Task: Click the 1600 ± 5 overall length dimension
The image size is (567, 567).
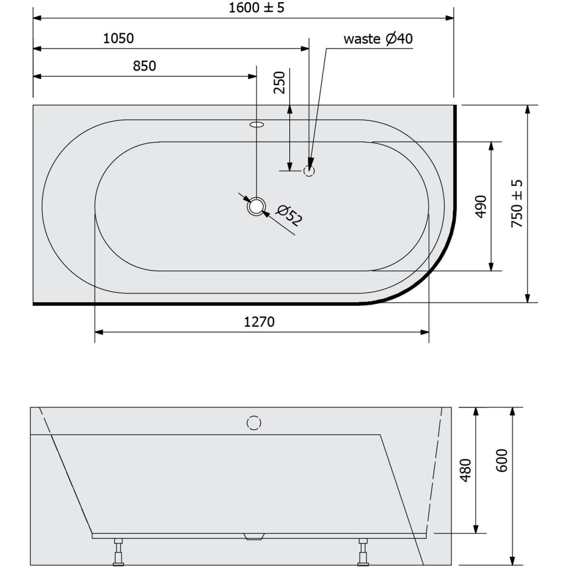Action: [256, 8]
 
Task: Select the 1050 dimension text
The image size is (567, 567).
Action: [118, 39]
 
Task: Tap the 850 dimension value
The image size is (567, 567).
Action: [144, 66]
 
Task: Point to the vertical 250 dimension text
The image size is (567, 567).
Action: [280, 83]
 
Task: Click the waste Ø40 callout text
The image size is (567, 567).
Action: [378, 39]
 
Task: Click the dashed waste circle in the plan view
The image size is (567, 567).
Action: [309, 171]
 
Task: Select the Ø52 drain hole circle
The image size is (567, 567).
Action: [256, 206]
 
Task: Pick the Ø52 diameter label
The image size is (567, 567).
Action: [289, 215]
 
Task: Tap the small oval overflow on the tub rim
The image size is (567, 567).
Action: [257, 124]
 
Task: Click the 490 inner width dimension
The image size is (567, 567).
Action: [481, 206]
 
